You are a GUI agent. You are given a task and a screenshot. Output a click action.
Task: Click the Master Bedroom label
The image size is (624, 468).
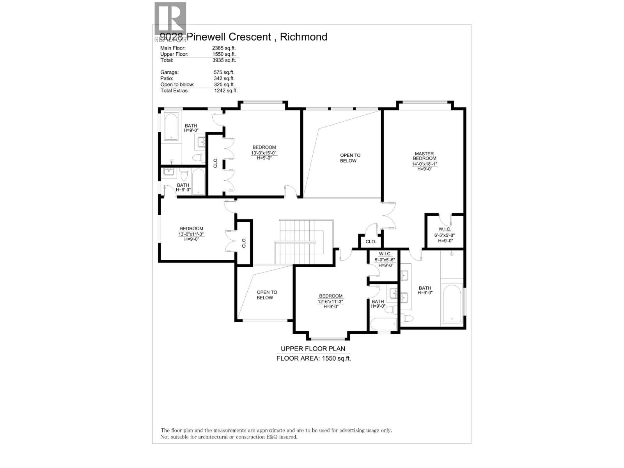[424, 156]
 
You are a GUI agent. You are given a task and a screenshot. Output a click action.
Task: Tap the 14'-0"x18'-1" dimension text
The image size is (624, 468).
[424, 164]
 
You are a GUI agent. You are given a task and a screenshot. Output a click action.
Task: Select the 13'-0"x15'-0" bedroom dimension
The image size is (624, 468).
[264, 153]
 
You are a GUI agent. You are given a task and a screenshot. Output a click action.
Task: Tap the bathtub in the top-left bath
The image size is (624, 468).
[170, 126]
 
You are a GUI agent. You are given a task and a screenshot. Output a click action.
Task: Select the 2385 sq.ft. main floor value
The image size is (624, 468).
[223, 48]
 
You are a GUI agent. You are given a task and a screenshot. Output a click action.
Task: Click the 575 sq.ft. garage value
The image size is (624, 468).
[223, 72]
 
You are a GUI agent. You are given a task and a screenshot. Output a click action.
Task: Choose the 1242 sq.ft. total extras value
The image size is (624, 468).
[225, 90]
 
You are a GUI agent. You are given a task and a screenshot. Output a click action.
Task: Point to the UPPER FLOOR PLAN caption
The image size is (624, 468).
[313, 349]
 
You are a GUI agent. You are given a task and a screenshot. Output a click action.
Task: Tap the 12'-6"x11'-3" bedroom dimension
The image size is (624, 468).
[330, 301]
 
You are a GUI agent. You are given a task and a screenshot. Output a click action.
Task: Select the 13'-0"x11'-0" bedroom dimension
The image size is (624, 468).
[191, 234]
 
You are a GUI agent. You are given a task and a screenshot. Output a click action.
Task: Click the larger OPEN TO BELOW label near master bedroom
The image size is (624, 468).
[350, 158]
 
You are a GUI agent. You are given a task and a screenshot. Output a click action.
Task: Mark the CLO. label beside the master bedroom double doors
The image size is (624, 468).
[370, 242]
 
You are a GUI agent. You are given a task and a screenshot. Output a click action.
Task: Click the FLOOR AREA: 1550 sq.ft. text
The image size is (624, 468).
[314, 358]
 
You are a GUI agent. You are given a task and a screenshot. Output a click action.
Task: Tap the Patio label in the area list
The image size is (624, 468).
[167, 78]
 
